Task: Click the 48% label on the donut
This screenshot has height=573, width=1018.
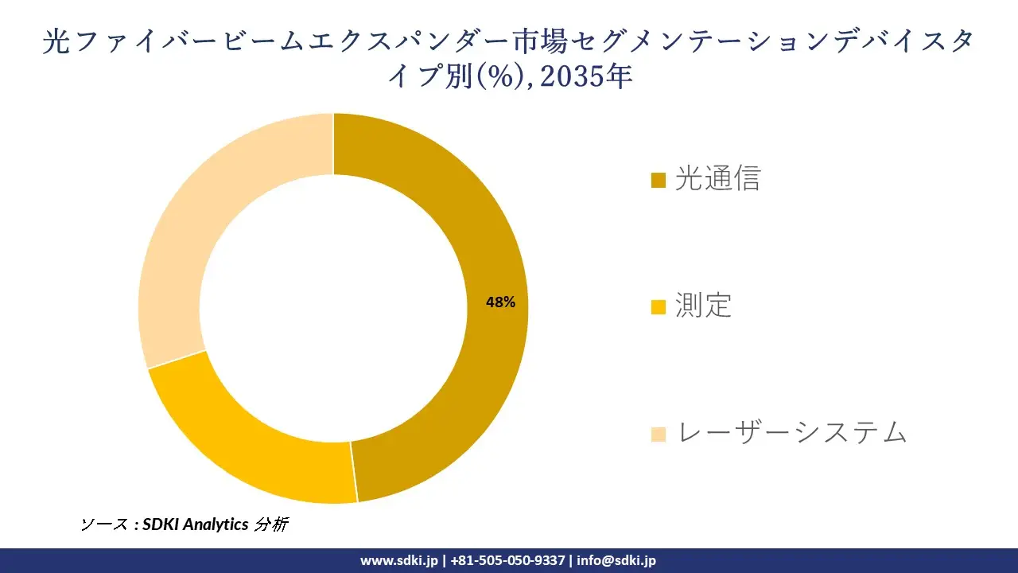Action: coord(501,302)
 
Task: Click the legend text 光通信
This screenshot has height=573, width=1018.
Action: coord(717,179)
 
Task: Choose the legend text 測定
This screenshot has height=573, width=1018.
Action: coord(703,306)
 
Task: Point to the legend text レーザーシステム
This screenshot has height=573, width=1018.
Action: coord(791,433)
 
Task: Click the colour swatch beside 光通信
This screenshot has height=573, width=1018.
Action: coord(658,181)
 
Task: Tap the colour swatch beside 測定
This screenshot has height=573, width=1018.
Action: coord(658,307)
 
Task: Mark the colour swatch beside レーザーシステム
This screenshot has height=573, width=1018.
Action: coord(658,435)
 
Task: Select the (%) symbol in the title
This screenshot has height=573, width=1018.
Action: coord(500,78)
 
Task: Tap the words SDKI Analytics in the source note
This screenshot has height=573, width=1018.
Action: coord(195,524)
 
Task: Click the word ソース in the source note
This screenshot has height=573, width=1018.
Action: coord(103,524)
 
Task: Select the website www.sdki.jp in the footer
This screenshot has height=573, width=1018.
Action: coord(399,560)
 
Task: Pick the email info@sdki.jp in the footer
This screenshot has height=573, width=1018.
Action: coord(616,560)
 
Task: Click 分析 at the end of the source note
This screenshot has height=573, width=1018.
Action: coord(270,524)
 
